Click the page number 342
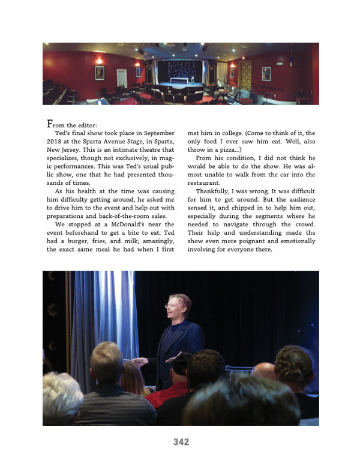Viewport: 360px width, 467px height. (181, 442)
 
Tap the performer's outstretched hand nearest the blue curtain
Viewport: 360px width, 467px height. (139, 361)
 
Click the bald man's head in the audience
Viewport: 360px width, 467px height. (263, 371)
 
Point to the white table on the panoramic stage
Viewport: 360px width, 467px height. (179, 80)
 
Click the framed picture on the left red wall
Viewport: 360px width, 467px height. (100, 73)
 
